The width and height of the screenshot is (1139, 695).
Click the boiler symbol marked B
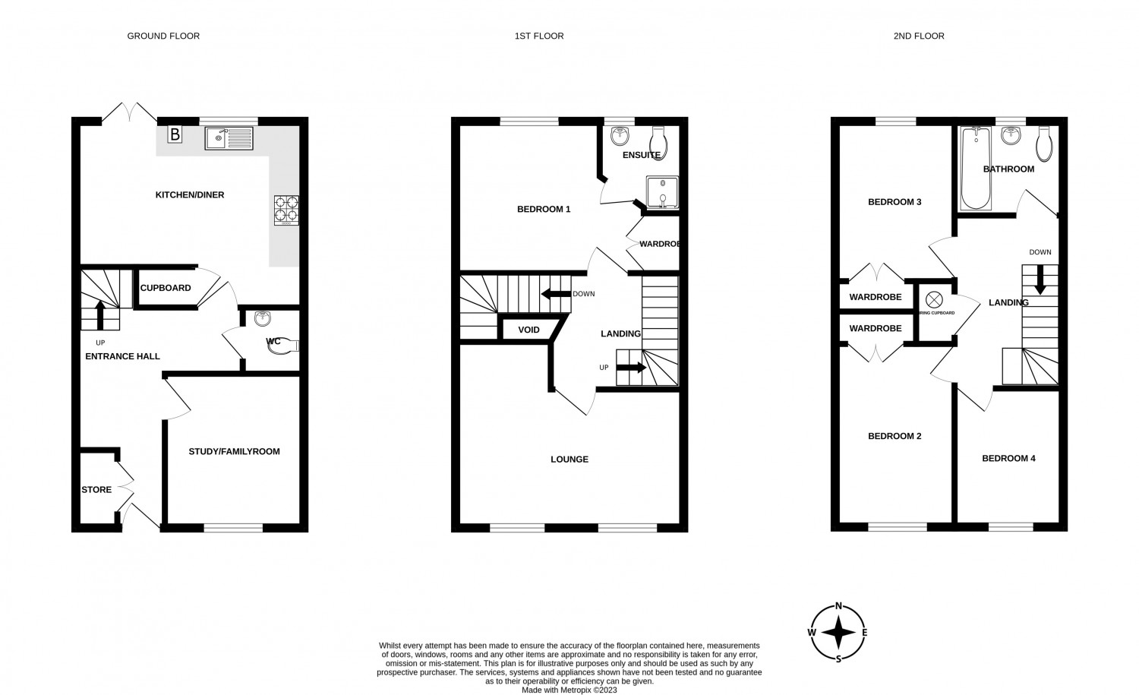click(175, 135)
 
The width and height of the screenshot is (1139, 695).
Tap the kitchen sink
click(228, 138)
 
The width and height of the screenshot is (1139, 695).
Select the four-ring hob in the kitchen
click(287, 210)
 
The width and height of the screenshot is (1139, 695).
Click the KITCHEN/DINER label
click(190, 195)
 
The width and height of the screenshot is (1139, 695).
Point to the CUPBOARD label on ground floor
click(166, 289)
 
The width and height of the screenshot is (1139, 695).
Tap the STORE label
click(96, 490)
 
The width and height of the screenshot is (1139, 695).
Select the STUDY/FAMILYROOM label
click(234, 452)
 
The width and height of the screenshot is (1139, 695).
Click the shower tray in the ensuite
click(661, 192)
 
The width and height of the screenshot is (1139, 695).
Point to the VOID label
click(528, 330)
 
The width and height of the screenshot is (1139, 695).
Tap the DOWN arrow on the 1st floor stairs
click(556, 295)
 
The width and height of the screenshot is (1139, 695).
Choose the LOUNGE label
click(569, 460)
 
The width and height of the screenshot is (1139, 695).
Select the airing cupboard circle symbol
click(933, 299)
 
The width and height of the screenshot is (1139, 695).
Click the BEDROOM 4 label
click(1008, 459)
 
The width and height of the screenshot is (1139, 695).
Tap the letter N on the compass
click(838, 606)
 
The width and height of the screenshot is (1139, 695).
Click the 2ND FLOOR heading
click(919, 36)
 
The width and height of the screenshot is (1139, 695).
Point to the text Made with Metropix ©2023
click(569, 690)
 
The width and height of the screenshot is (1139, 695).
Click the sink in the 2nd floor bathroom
click(1010, 136)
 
